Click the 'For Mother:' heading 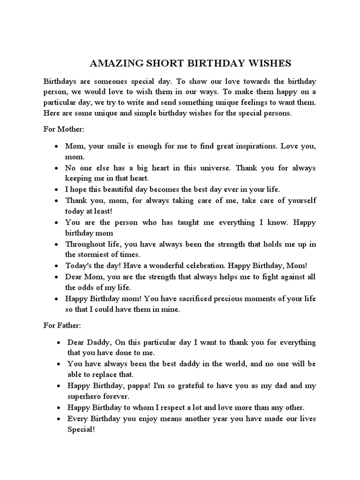63,129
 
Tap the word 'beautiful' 113,189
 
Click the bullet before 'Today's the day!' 56,266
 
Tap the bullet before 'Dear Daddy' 56,343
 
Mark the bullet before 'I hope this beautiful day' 56,190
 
